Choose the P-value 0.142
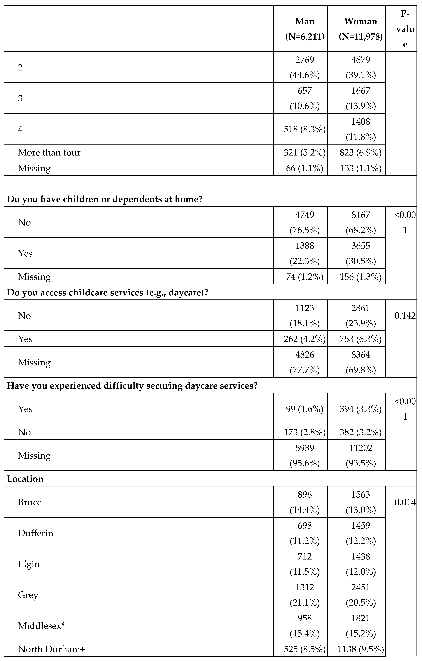(405, 316)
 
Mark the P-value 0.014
(405, 502)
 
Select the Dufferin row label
(36, 533)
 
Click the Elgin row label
(29, 564)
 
